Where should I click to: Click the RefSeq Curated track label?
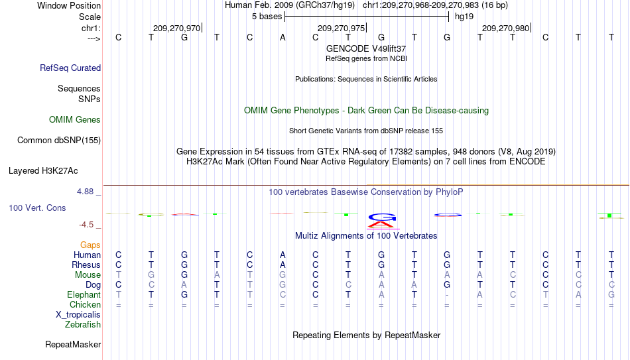tap(70, 68)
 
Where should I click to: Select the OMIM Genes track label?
tap(75, 120)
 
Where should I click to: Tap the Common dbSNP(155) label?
tap(59, 141)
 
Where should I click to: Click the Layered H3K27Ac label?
tap(43, 171)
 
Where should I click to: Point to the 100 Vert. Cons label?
tap(37, 208)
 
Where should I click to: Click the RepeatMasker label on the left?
tap(73, 344)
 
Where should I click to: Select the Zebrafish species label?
tap(83, 324)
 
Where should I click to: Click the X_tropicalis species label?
tap(78, 315)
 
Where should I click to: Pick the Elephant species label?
tap(84, 294)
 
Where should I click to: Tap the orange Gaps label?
tap(90, 245)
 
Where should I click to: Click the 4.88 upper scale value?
tap(85, 192)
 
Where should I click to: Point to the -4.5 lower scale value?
tap(86, 225)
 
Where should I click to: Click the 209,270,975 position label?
tap(341, 28)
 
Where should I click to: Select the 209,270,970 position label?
tap(176, 28)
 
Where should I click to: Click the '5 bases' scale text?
tap(267, 17)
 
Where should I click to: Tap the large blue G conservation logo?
tap(382, 217)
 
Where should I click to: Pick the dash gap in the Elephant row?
tap(447, 295)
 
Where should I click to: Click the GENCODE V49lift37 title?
tap(366, 48)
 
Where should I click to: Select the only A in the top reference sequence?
tap(283, 37)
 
